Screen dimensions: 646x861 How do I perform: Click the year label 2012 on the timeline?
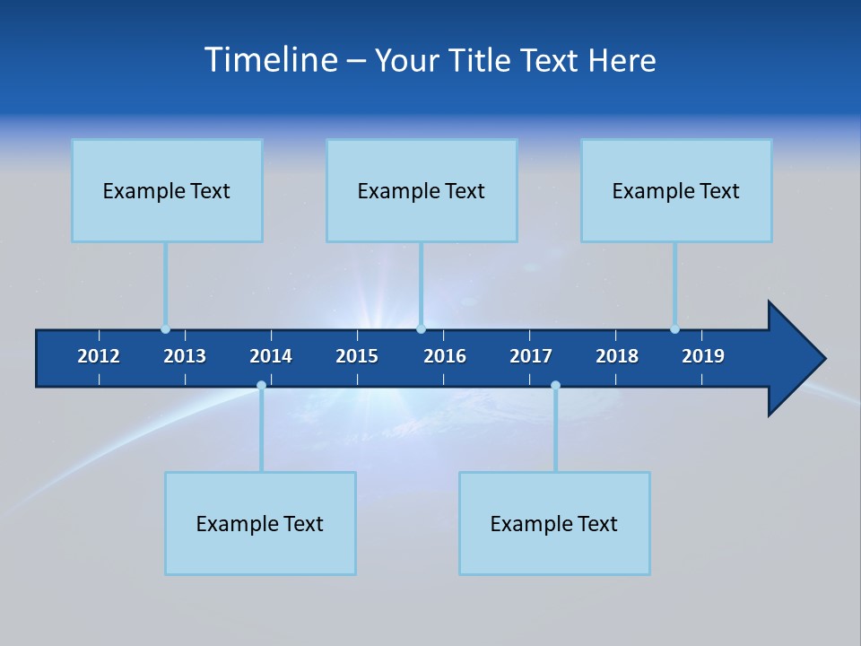coord(99,356)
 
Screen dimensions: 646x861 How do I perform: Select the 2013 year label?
coord(185,356)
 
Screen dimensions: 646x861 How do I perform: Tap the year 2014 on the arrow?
coord(271,356)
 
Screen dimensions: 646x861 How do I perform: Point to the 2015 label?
coord(357,356)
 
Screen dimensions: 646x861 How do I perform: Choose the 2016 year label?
coord(445,356)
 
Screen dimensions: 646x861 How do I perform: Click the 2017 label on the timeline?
coord(531,356)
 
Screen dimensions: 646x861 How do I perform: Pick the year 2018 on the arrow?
coord(617,356)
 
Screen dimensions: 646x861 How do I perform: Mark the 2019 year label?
coord(703,356)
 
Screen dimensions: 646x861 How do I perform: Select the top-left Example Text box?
coord(167,191)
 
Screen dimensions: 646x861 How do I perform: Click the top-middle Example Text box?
coord(422,191)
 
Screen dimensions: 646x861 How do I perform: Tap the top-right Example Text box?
coord(676,191)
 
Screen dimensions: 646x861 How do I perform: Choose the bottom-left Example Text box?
coord(260,524)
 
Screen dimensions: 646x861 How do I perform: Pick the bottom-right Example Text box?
coord(554,524)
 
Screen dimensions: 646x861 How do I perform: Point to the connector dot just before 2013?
coord(165,329)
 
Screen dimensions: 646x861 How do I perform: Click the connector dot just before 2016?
coord(421,329)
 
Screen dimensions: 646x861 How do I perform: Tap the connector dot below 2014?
coord(261,386)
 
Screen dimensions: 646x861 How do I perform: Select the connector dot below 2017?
coord(555,386)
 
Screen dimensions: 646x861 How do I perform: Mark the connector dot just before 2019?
coord(674,329)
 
